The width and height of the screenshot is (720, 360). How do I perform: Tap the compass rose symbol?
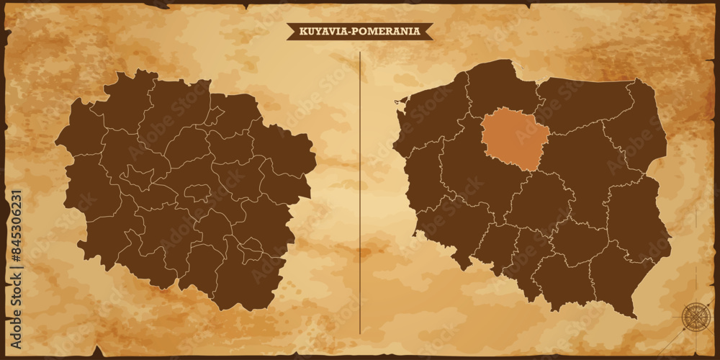(695, 317)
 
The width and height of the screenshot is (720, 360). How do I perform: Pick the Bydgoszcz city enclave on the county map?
(136, 176)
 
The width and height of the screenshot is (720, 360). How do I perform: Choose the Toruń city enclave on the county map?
(197, 192)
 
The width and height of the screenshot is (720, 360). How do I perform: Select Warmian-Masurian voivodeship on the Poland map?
(583, 104)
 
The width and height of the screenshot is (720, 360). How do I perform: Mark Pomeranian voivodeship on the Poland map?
(497, 90)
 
